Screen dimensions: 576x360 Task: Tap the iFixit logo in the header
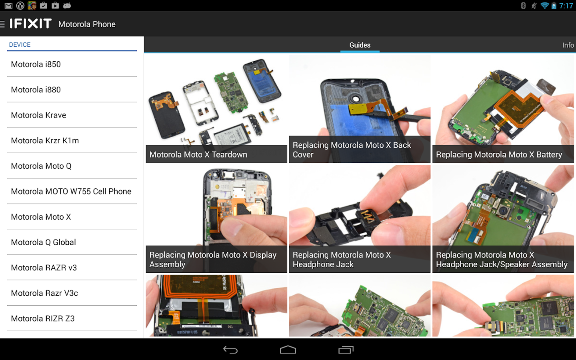[30, 24]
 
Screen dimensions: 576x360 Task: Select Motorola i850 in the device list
[36, 64]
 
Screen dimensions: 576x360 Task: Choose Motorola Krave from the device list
[38, 115]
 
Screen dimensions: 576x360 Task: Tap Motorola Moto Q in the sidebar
[41, 166]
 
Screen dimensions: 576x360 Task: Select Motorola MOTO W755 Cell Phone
[71, 192]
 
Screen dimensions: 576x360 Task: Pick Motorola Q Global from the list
[44, 242]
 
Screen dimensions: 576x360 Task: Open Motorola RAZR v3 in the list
[44, 268]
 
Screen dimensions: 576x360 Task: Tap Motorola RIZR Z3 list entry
[43, 318]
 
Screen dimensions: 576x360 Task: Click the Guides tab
[360, 45]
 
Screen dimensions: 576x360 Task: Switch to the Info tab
[568, 45]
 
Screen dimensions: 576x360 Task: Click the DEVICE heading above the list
[20, 44]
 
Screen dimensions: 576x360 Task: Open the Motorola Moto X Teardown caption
[198, 154]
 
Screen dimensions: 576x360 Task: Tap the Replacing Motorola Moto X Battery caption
[499, 154]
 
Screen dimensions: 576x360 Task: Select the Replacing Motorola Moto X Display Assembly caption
[213, 260]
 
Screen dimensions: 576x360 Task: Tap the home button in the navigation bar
[288, 350]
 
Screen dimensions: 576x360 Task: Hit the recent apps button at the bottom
[346, 350]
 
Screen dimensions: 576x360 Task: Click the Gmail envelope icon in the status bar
[8, 6]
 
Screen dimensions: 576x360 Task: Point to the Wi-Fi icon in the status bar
[544, 6]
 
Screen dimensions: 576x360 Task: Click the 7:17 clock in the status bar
[566, 6]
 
